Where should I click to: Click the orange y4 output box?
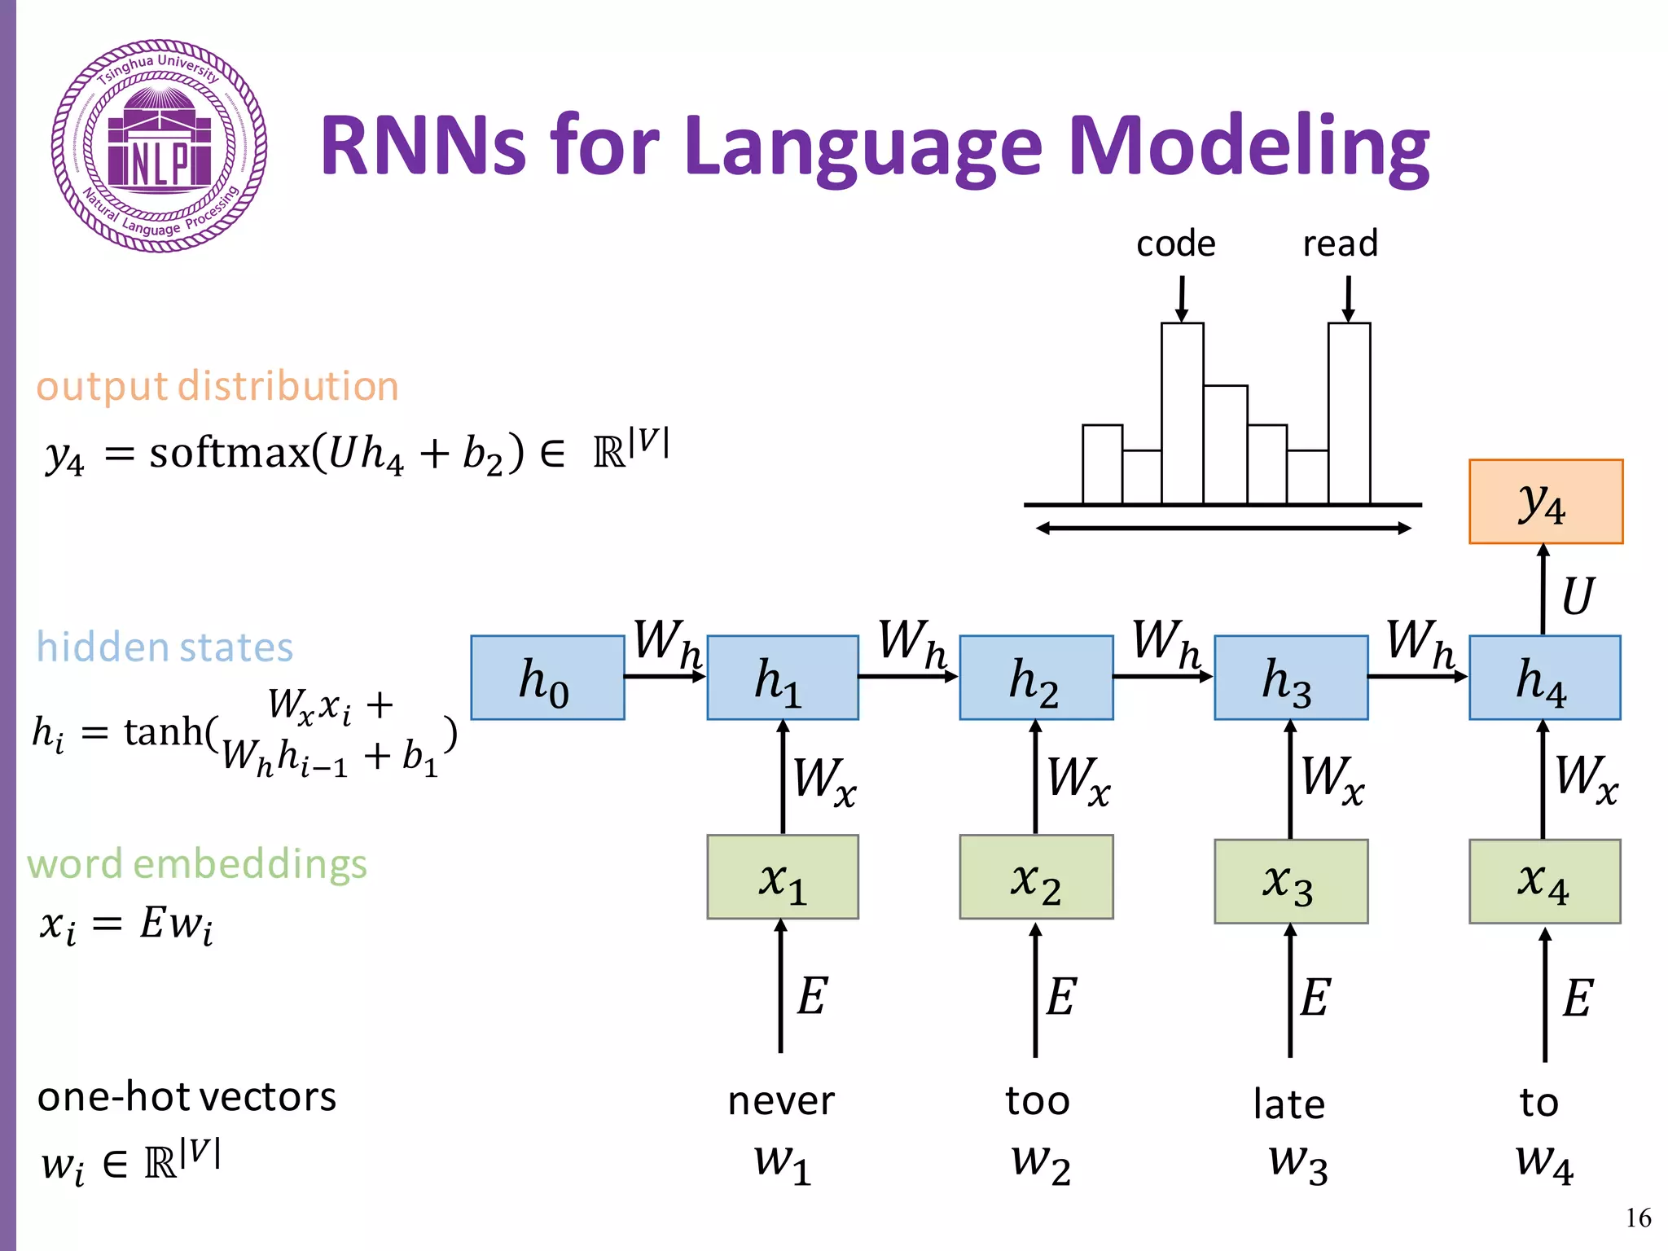[1545, 501]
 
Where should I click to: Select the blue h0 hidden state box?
[547, 678]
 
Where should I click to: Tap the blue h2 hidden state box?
[1036, 678]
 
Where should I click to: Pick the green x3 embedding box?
[1290, 880]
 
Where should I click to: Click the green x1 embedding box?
[782, 876]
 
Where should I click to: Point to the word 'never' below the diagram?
[780, 1101]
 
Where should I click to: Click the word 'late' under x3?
[1288, 1104]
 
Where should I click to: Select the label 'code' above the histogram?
[1175, 244]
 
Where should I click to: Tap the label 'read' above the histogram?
[1340, 244]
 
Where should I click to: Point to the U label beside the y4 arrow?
[1577, 596]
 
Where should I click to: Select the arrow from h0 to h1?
[665, 676]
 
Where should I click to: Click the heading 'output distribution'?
[217, 386]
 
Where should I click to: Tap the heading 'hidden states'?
[165, 647]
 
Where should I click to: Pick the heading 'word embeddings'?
[197, 864]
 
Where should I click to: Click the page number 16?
[1638, 1218]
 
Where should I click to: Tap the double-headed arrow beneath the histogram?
[1222, 529]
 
